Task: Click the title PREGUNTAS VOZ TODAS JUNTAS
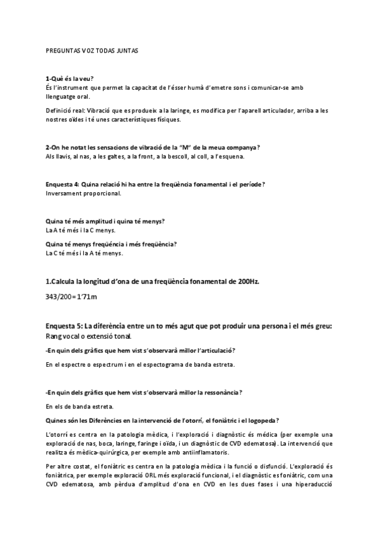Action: click(93, 50)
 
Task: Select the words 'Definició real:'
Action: click(66, 110)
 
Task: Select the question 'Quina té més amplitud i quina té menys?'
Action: click(105, 221)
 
